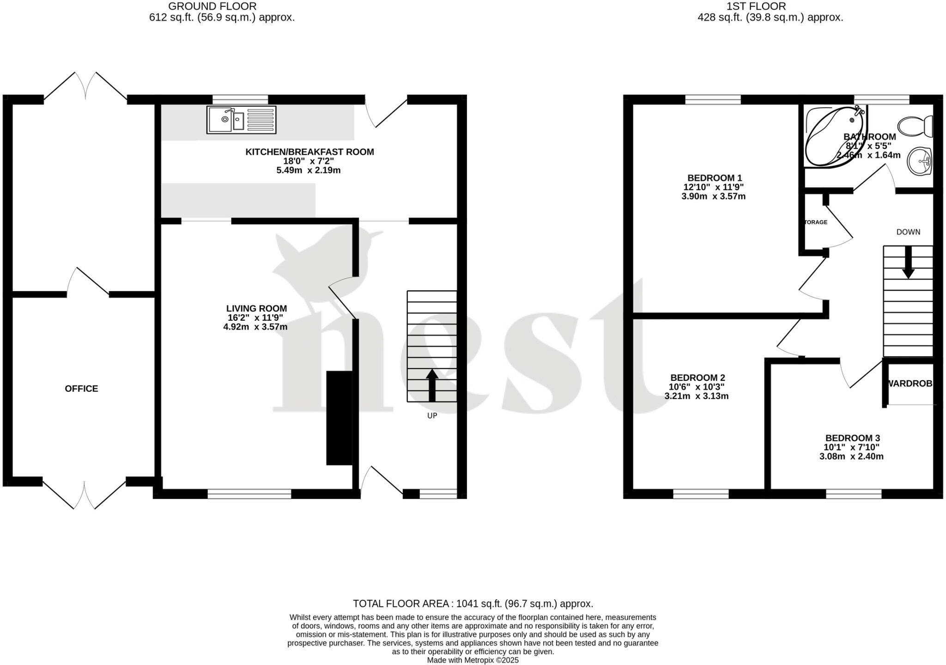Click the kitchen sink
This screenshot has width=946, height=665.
(241, 120)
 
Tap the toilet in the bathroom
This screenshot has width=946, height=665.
(915, 126)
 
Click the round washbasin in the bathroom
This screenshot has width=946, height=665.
(920, 161)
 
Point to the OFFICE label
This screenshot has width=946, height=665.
(81, 389)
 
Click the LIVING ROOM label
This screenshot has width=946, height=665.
(256, 309)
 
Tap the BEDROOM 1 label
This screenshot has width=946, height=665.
(714, 178)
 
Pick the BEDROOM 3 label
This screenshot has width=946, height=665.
(853, 438)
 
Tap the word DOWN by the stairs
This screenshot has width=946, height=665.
(908, 232)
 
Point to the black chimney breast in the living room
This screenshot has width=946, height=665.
(339, 418)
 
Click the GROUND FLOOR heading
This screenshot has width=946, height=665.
(212, 6)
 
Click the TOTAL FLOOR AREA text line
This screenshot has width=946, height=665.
(473, 604)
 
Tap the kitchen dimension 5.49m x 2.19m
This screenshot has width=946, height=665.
(309, 170)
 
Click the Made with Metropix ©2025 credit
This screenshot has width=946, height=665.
(473, 660)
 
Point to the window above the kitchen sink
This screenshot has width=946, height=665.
(240, 99)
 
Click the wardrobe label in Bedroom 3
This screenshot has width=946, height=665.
(909, 384)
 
